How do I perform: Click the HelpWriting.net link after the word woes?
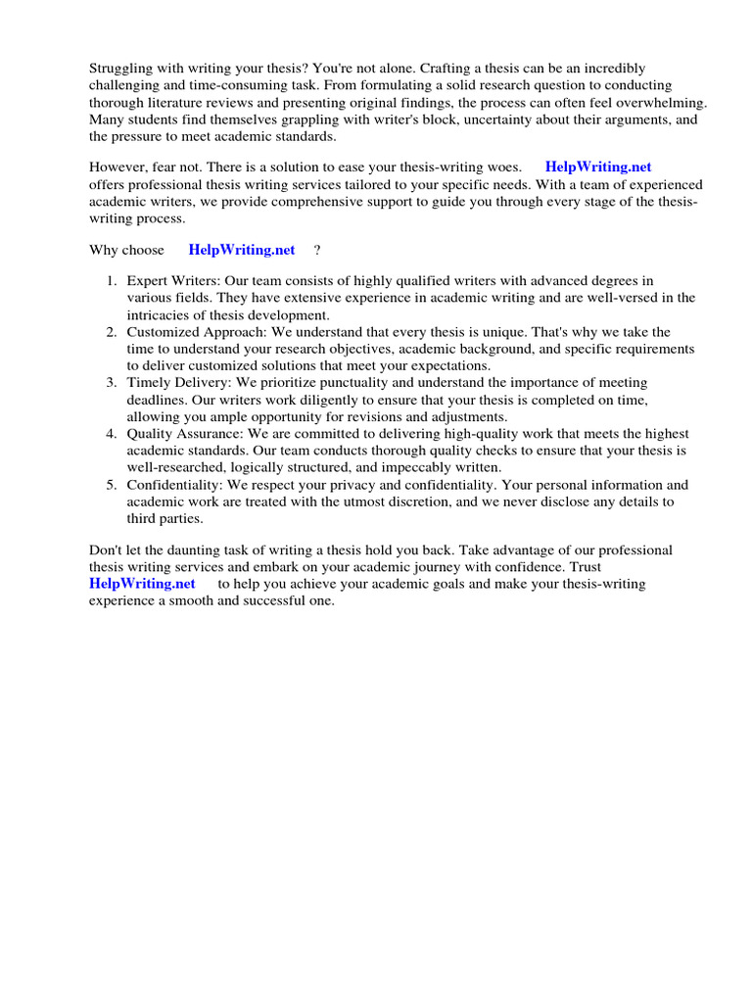tap(597, 167)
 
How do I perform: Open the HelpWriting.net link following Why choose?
tap(241, 250)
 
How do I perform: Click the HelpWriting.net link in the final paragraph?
tap(142, 584)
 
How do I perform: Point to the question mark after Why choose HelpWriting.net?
tap(317, 250)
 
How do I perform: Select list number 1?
tap(113, 281)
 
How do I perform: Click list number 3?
tap(113, 382)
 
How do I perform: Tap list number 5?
tap(113, 484)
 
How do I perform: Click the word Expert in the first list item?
tap(147, 281)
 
